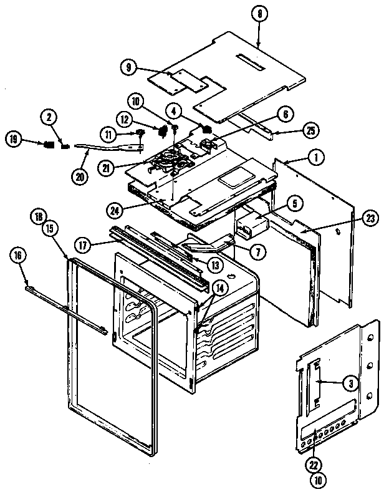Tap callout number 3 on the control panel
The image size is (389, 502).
point(351,384)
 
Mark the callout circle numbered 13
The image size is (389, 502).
point(214,265)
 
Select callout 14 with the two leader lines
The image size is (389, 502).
point(220,287)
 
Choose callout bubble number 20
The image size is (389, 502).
point(80,175)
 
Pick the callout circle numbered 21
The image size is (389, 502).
point(107,168)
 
